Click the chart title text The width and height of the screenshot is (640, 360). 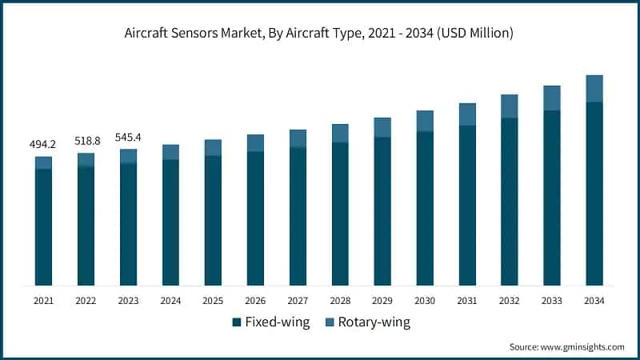pos(320,33)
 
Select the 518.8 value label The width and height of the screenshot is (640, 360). pos(86,140)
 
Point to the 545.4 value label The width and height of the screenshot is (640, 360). pos(128,136)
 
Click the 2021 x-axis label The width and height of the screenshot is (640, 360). pos(43,301)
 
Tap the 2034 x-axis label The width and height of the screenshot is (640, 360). pos(594,301)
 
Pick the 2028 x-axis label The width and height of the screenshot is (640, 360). pos(340,301)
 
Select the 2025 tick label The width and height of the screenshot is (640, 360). pos(213,301)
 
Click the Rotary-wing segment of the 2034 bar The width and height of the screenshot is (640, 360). pos(594,89)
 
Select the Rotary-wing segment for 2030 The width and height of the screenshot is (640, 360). pos(425,121)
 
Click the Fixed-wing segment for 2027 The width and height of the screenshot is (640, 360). pos(298,216)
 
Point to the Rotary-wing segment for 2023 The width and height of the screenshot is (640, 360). pos(128,156)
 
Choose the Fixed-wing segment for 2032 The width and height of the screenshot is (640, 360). pos(510,201)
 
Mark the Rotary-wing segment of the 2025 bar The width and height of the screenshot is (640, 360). pos(213,147)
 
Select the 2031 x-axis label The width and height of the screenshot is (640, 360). pos(467,301)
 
